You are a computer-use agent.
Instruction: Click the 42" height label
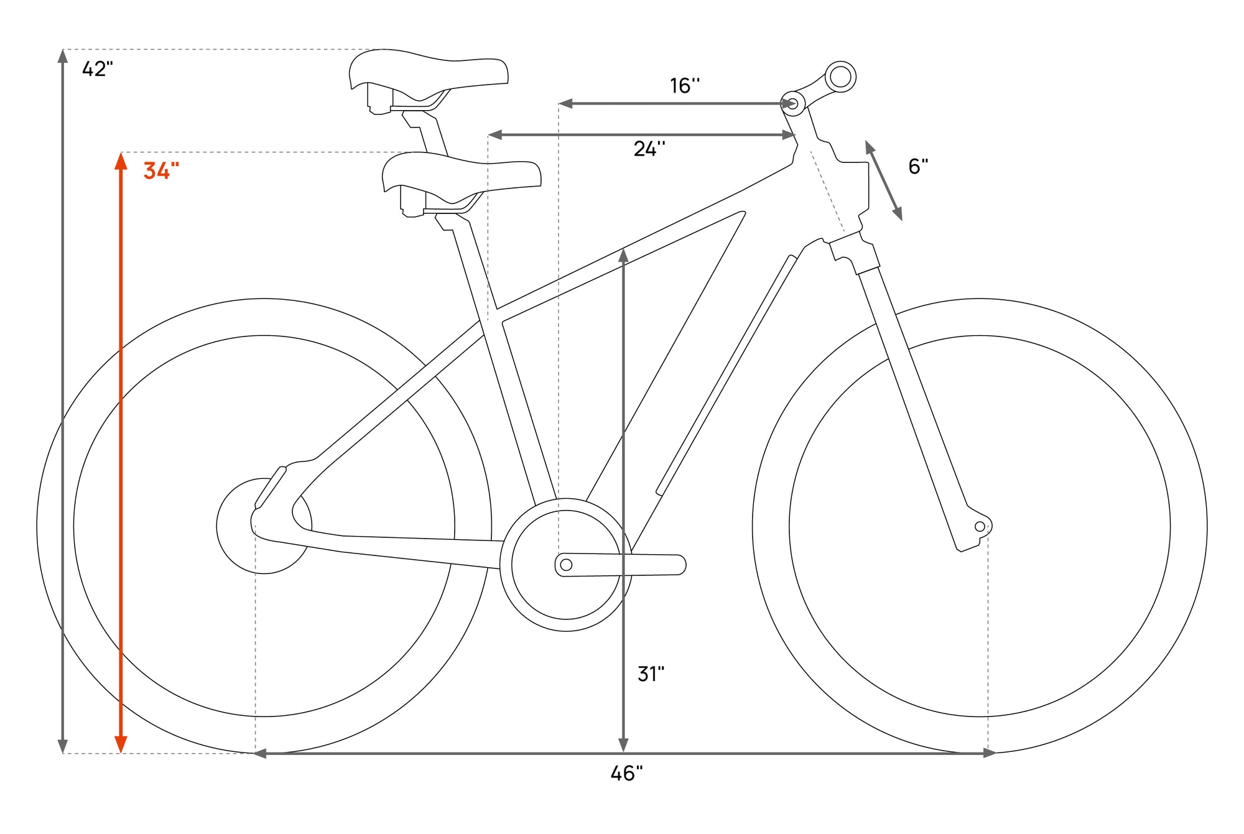point(98,69)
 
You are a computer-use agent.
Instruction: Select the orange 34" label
point(161,170)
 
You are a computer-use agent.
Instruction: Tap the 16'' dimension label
point(685,86)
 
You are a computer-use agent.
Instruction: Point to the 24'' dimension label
point(649,149)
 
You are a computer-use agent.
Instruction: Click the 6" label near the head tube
point(918,167)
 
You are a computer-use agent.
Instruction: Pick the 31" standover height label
point(651,674)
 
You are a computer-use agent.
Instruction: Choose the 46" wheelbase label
point(626,774)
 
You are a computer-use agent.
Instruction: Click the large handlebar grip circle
point(840,77)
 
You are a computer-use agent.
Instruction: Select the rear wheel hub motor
point(264,526)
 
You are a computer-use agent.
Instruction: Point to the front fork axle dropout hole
point(980,527)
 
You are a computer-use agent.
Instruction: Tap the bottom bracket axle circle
point(566,565)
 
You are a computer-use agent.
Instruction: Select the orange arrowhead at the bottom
point(121,744)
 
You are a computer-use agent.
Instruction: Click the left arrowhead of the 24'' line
point(495,134)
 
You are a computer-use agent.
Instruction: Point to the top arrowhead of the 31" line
point(623,255)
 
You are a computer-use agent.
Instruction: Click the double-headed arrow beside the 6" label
point(884,180)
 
